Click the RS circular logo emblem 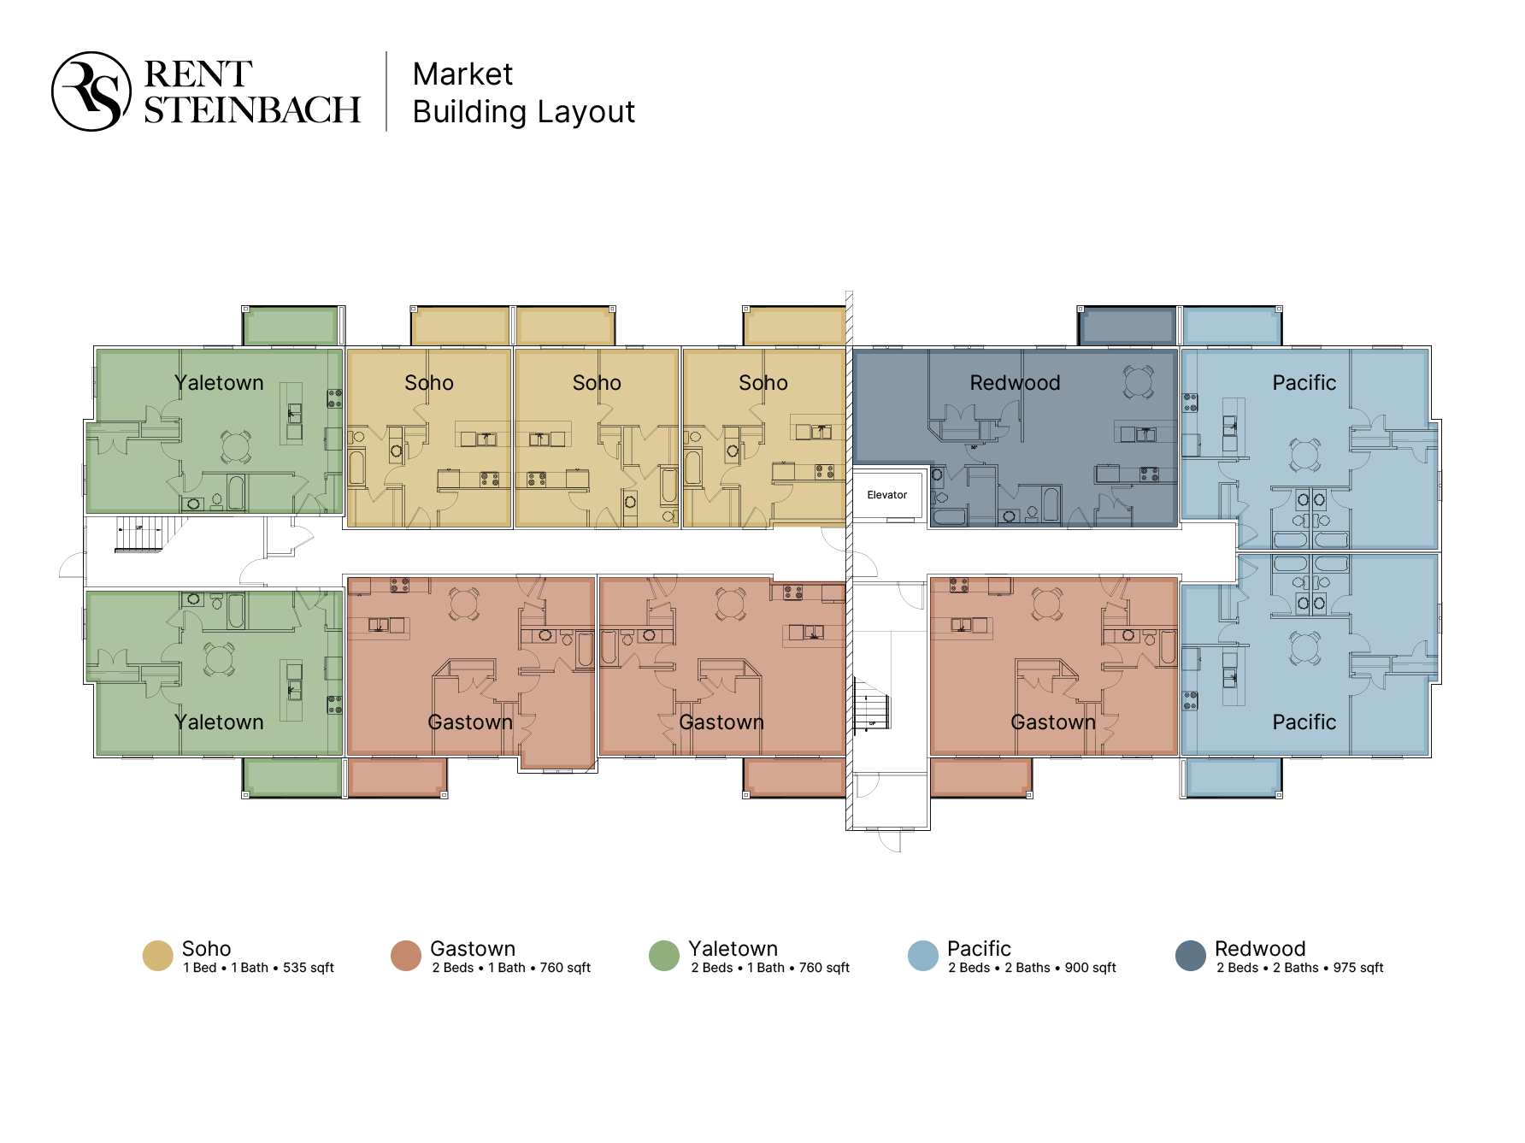[91, 91]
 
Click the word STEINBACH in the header [252, 110]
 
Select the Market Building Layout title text [523, 92]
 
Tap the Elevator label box [887, 494]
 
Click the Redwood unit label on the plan [1015, 382]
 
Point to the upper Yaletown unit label [219, 382]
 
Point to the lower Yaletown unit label [219, 722]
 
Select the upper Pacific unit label [1304, 382]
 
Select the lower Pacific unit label [1304, 722]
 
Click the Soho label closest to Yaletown [429, 382]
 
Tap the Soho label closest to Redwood [763, 382]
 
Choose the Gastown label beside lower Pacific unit [1053, 722]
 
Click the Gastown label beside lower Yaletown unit [470, 722]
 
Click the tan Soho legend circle [158, 956]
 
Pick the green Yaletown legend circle [664, 956]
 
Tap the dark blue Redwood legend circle [1191, 956]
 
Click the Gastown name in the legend [473, 948]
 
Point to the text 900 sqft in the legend [1090, 968]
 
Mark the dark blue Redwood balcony [1127, 327]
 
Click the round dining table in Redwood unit [1139, 381]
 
